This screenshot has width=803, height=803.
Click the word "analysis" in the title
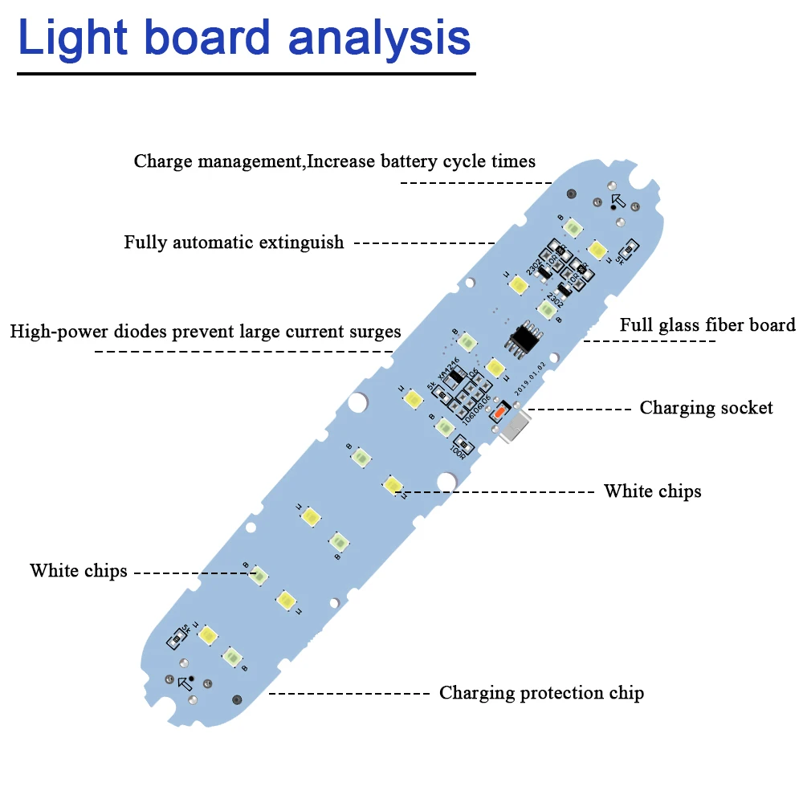pos(379,38)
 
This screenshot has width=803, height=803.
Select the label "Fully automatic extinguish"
pos(234,243)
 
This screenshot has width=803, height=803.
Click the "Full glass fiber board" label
pos(707,325)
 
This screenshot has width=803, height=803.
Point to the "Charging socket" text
pos(706,408)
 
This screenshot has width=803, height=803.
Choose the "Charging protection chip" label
pos(541,693)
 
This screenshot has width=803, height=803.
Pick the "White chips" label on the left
pos(79,571)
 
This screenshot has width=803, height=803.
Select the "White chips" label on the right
pos(652,491)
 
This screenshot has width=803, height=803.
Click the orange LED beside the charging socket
pos(499,412)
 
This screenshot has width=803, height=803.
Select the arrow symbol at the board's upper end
pos(618,201)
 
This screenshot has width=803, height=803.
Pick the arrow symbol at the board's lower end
pos(185,683)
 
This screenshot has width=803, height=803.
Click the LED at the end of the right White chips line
pos(392,484)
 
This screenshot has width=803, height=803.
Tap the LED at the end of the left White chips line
pos(259,573)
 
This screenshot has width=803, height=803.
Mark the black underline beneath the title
pos(246,74)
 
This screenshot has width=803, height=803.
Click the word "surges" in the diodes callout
pos(374,331)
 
